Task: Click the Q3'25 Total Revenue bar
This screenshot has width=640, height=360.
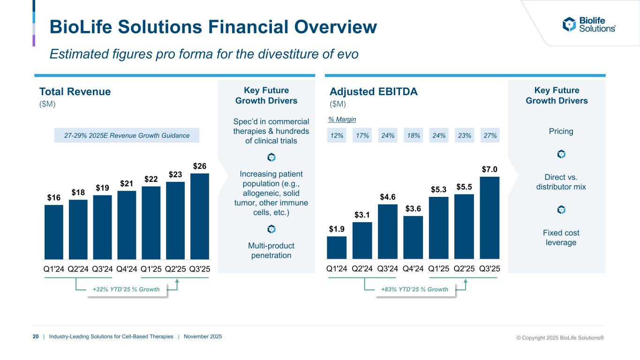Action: pyautogui.click(x=200, y=216)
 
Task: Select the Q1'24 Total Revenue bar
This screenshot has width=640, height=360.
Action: pyautogui.click(x=54, y=232)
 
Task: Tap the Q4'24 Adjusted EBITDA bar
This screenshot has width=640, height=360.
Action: pyautogui.click(x=413, y=237)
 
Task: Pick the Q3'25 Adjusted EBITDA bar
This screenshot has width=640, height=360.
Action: pyautogui.click(x=489, y=217)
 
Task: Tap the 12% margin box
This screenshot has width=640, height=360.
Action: pyautogui.click(x=337, y=135)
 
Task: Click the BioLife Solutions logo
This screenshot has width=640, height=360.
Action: pyautogui.click(x=589, y=24)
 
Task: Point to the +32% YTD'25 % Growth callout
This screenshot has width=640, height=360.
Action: pyautogui.click(x=126, y=290)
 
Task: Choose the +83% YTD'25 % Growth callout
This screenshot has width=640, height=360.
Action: pyautogui.click(x=414, y=290)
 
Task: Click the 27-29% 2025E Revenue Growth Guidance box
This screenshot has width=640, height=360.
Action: pyautogui.click(x=127, y=135)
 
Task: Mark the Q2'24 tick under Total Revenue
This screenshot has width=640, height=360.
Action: pyautogui.click(x=78, y=269)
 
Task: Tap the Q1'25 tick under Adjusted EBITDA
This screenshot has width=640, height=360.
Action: pyautogui.click(x=438, y=269)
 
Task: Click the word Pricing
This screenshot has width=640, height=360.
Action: pyautogui.click(x=561, y=131)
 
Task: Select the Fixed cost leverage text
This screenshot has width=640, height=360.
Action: pyautogui.click(x=561, y=237)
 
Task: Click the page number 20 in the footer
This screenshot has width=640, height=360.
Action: pyautogui.click(x=36, y=337)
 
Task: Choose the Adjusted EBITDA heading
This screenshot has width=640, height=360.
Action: pyautogui.click(x=373, y=92)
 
